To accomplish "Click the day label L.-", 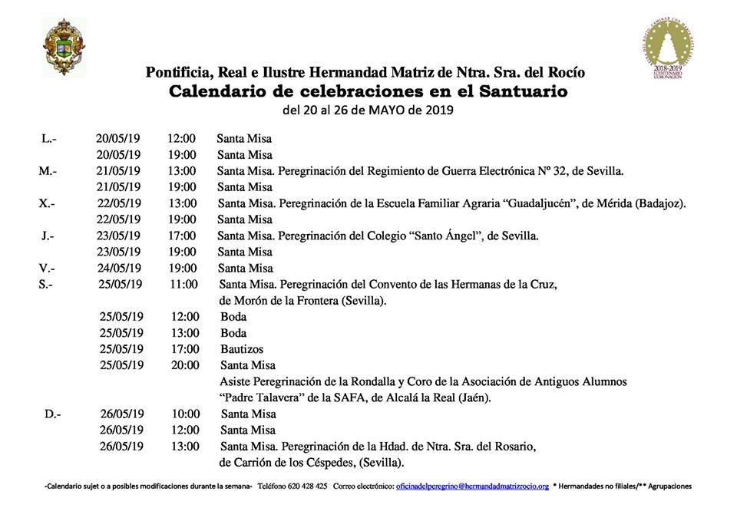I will pos(48,139).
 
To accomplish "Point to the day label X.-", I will pos(47,203).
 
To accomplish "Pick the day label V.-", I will pos(48,268).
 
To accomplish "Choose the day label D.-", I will pos(52,414).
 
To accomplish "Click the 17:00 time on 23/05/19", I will pos(182,236).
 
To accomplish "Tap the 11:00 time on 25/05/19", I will pos(184,284).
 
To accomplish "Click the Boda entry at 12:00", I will pos(233,316).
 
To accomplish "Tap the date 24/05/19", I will pos(119,268).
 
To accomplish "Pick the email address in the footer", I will pos(471,486).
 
